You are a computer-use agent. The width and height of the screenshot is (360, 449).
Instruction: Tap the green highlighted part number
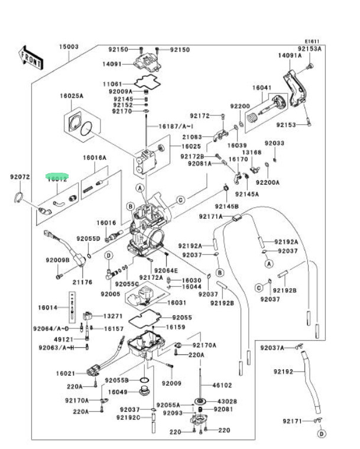click(58, 176)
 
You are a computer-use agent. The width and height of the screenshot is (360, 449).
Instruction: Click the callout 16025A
click(71, 95)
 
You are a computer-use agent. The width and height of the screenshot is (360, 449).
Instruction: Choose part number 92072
click(20, 176)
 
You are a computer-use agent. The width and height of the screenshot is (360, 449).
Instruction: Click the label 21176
click(82, 282)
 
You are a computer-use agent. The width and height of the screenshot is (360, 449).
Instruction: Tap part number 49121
click(63, 339)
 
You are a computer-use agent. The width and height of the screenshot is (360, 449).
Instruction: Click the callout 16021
click(66, 373)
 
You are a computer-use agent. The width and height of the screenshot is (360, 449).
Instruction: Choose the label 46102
click(222, 385)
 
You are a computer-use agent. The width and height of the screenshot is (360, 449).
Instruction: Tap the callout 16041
click(261, 87)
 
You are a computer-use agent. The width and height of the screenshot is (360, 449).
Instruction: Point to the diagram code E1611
click(312, 41)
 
